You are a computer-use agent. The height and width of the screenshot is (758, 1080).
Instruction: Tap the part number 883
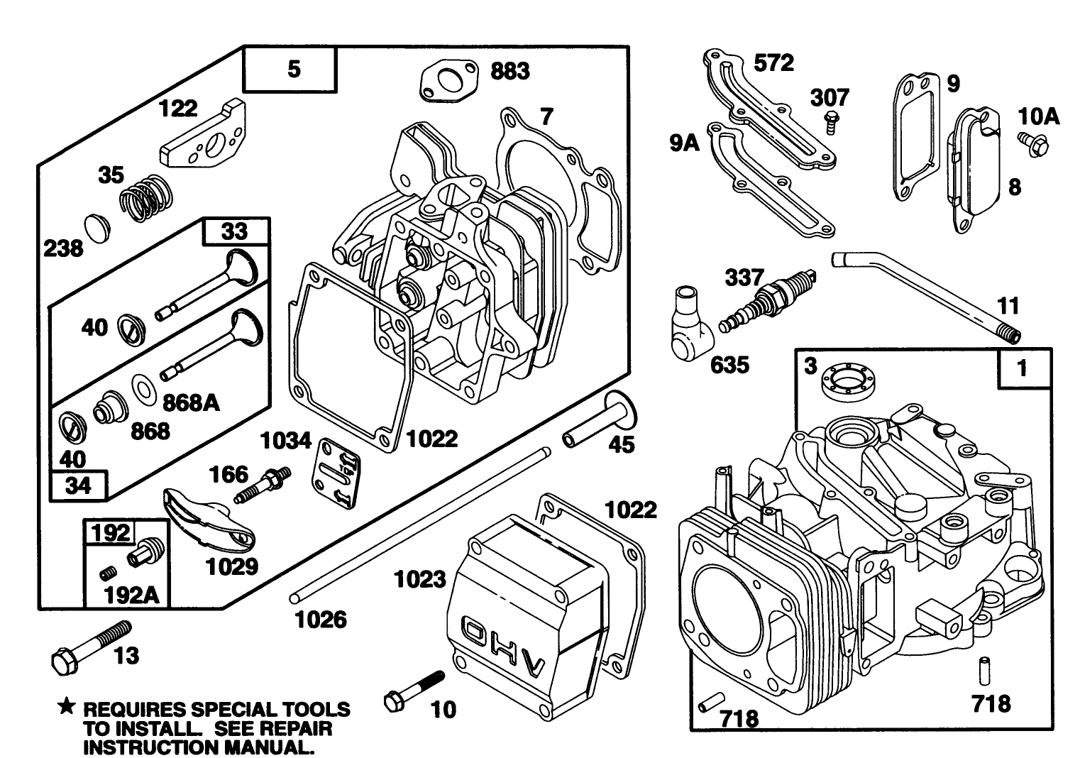click(x=509, y=71)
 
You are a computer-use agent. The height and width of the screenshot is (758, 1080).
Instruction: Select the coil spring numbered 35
click(x=147, y=197)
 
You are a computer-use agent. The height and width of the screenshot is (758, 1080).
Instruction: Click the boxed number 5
click(x=294, y=69)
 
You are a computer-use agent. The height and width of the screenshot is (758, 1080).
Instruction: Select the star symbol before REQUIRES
click(x=66, y=706)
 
